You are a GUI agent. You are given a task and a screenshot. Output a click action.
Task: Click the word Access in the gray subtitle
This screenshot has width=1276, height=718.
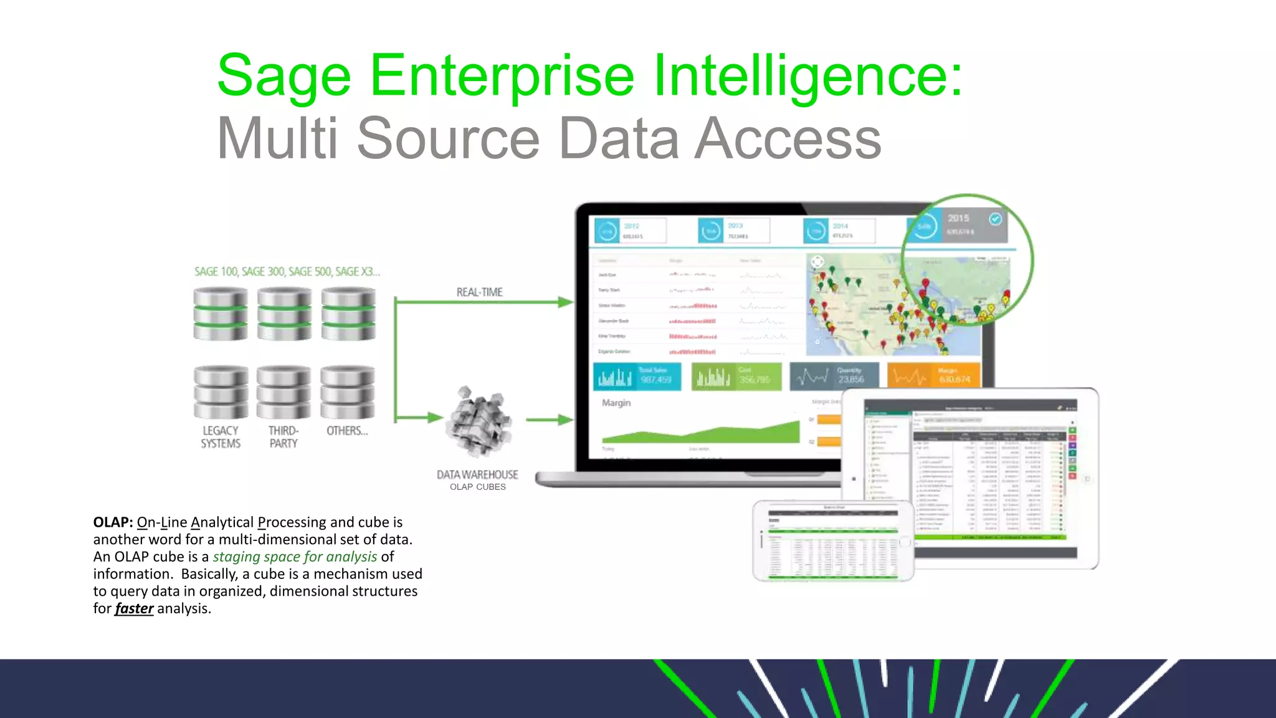coord(788,138)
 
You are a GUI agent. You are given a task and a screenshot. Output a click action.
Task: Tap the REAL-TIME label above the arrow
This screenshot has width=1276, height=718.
coord(479,292)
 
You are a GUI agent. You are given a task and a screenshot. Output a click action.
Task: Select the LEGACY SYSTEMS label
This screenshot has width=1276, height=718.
coord(221,437)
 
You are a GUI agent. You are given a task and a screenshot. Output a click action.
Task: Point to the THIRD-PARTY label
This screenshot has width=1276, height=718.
coord(283,437)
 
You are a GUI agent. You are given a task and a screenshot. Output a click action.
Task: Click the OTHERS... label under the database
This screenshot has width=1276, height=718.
coord(347,431)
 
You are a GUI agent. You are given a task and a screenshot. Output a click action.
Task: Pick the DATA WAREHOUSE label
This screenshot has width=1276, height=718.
coord(477,475)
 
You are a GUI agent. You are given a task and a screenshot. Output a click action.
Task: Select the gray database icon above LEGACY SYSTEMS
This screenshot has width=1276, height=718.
coord(221,393)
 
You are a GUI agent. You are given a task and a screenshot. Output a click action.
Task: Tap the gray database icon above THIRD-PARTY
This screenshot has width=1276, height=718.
coord(283,393)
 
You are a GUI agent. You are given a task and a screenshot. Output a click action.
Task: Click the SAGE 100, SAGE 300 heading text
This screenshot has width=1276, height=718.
coord(287,272)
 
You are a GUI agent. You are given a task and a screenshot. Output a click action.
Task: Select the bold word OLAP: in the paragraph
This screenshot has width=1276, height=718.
coord(113,522)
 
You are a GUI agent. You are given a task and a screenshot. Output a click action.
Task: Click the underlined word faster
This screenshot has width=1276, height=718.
coord(134,608)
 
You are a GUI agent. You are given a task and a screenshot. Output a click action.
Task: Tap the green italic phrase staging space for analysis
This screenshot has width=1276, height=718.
coord(295,557)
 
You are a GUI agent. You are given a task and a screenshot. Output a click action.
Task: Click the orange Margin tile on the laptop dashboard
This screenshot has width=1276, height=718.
coord(933,376)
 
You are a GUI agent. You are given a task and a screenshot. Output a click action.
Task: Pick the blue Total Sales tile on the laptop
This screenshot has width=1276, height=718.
coord(637,376)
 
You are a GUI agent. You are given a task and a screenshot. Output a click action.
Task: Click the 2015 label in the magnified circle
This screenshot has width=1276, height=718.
coord(958,218)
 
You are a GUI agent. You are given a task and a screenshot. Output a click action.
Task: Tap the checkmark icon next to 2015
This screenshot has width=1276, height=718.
coord(996,219)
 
